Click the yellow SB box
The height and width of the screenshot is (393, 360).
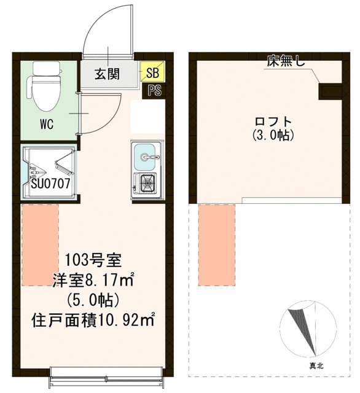[x=152, y=71]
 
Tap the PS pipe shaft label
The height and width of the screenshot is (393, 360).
[x=154, y=90]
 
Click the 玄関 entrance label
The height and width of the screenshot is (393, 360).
[x=107, y=74]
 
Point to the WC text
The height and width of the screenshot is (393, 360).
[x=47, y=124]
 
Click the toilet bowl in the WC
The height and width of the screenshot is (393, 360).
[x=46, y=93]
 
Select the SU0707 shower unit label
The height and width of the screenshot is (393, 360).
[x=50, y=184]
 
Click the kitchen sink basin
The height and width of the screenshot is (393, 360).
[x=144, y=157]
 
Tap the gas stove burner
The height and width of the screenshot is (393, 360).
[x=147, y=182]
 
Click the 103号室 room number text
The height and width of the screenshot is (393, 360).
[x=93, y=260]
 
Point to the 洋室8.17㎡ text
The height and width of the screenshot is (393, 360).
[x=93, y=279]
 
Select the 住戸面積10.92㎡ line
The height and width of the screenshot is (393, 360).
[x=93, y=319]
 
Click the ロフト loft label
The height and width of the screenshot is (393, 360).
[x=273, y=122]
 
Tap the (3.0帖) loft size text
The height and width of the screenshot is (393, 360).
[x=273, y=135]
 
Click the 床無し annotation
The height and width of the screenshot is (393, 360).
[x=286, y=61]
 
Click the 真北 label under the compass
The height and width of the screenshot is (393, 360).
[x=316, y=366]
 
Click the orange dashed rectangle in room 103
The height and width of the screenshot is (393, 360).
[x=41, y=245]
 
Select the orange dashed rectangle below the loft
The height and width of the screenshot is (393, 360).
[x=217, y=245]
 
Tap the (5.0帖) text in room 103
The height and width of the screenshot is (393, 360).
[x=93, y=300]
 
